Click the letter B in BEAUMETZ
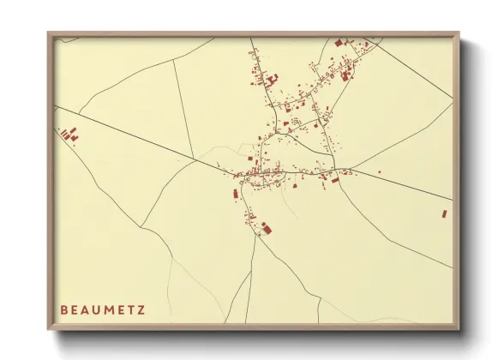(x=63, y=309)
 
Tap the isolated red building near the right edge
(x=444, y=213)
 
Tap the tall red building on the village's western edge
(x=236, y=194)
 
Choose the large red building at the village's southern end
(x=265, y=226)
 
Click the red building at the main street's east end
(x=335, y=179)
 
